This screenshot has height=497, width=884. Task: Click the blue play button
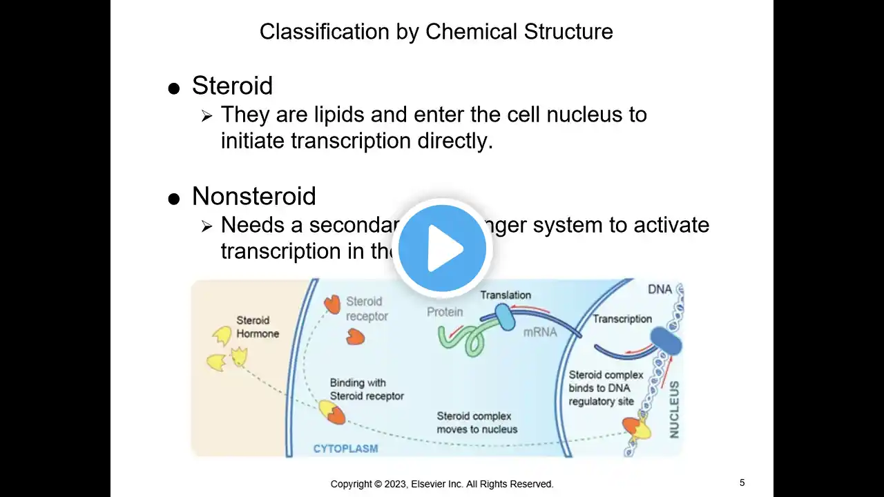pyautogui.click(x=442, y=248)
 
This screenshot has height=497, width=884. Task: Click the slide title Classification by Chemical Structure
pyautogui.click(x=436, y=31)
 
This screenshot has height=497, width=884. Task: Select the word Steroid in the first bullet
pyautogui.click(x=232, y=86)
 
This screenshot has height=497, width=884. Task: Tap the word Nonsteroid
pyautogui.click(x=253, y=196)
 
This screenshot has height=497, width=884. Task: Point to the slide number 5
pyautogui.click(x=742, y=483)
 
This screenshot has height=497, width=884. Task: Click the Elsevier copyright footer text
pyautogui.click(x=442, y=484)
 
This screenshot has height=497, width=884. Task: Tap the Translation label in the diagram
pyautogui.click(x=506, y=295)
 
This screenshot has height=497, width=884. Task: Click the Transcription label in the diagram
pyautogui.click(x=622, y=319)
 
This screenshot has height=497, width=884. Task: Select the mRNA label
pyautogui.click(x=539, y=331)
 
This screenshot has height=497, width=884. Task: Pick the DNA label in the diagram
pyautogui.click(x=660, y=289)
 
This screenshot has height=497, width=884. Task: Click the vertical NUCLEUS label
pyautogui.click(x=674, y=409)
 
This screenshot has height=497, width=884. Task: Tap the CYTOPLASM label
pyautogui.click(x=345, y=449)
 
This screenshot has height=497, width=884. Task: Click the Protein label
pyautogui.click(x=444, y=312)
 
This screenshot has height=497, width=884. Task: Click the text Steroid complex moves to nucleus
pyautogui.click(x=477, y=422)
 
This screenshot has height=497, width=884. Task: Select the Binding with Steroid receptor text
pyautogui.click(x=367, y=389)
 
